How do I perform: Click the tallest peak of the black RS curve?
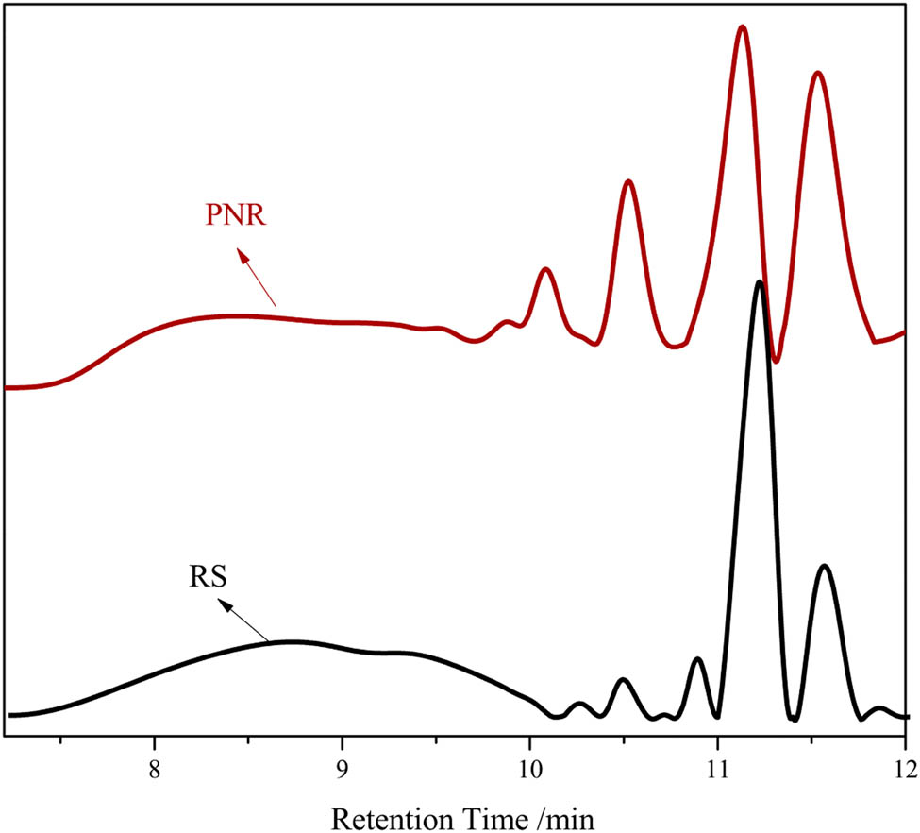click(x=760, y=281)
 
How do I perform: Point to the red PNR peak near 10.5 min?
click(x=628, y=181)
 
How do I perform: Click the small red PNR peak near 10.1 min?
click(x=545, y=270)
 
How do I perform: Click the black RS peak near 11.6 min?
click(x=825, y=566)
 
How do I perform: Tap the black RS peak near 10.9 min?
click(x=697, y=658)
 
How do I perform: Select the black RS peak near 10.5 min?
click(x=622, y=679)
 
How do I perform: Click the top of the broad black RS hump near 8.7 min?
click(x=294, y=641)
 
